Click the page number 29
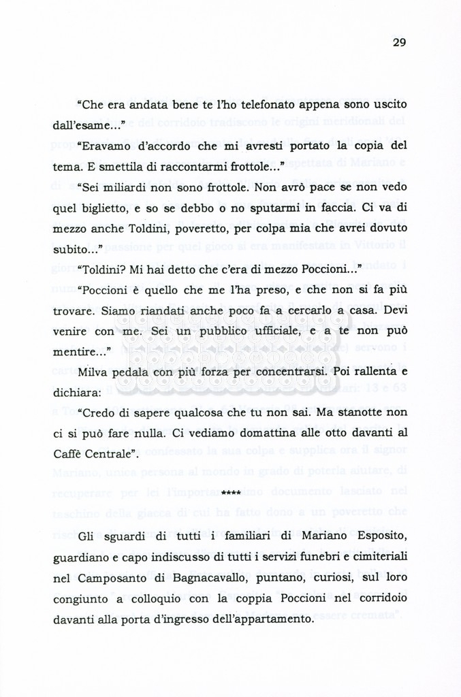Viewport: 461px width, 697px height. (399, 42)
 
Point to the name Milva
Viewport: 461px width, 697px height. (93, 372)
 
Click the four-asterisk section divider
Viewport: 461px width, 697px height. (231, 491)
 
